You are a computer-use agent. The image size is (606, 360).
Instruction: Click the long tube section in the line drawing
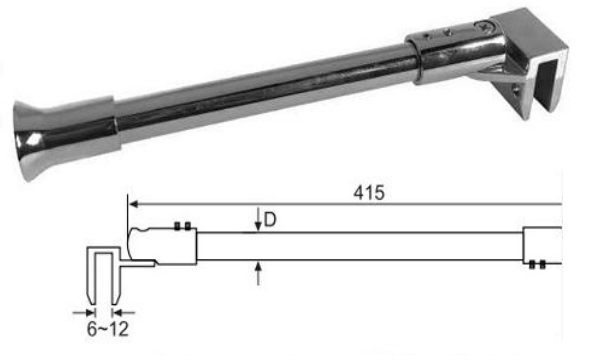click(x=359, y=246)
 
